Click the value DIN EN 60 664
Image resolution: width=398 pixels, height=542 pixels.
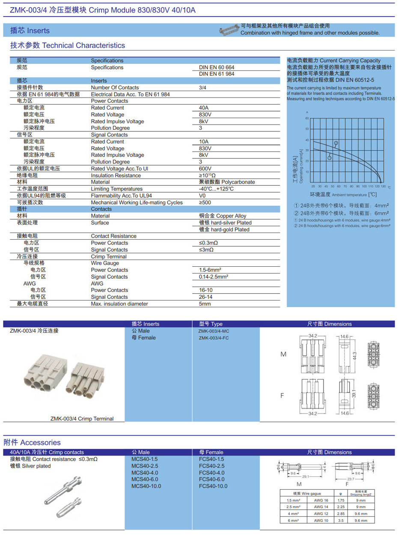217,68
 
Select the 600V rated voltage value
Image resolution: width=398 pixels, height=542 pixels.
205,169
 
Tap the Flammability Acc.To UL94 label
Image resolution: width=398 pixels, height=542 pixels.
121,196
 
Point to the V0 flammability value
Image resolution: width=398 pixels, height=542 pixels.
202,196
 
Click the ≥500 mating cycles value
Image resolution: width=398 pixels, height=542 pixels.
205,203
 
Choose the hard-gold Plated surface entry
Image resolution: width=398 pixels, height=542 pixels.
225,229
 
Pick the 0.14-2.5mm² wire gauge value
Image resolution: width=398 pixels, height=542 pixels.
213,277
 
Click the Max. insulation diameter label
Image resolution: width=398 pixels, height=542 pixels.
119,304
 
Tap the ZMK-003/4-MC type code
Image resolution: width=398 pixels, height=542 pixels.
214,331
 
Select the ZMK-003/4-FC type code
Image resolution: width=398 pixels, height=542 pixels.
214,338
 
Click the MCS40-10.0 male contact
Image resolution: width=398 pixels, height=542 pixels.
147,486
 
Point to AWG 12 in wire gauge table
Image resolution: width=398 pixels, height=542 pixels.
321,513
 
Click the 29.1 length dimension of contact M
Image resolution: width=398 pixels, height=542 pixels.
306,476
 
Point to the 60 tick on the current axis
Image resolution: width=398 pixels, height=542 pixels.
307,118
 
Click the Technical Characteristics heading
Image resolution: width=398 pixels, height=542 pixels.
68,45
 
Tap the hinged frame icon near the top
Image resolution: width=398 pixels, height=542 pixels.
228,30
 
